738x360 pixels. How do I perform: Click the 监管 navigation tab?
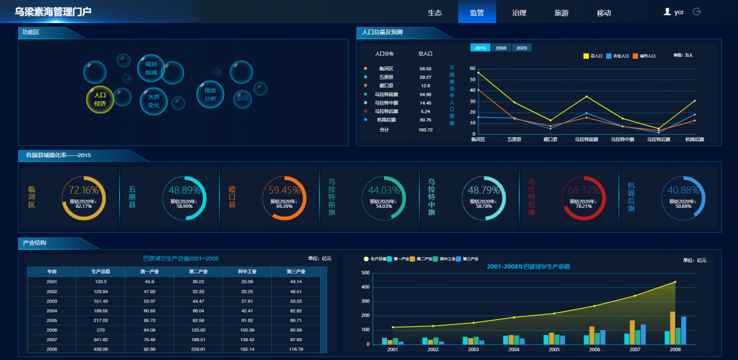pyautogui.click(x=476, y=13)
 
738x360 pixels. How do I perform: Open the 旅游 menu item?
pyautogui.click(x=561, y=13)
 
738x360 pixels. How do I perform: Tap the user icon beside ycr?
pyautogui.click(x=667, y=11)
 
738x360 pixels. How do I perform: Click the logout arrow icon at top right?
pyautogui.click(x=697, y=11)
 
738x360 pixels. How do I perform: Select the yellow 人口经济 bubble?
pyautogui.click(x=100, y=100)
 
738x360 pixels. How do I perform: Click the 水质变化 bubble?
pyautogui.click(x=153, y=101)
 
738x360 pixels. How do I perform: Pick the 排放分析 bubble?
pyautogui.click(x=210, y=95)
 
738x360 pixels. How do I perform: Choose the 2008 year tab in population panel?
pyautogui.click(x=501, y=48)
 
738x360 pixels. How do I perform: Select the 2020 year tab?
pyautogui.click(x=521, y=48)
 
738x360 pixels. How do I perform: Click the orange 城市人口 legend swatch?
pyautogui.click(x=635, y=56)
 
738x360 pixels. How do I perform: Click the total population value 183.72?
pyautogui.click(x=425, y=130)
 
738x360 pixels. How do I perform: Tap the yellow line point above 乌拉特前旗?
pyautogui.click(x=586, y=96)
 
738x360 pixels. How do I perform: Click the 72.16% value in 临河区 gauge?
pyautogui.click(x=84, y=190)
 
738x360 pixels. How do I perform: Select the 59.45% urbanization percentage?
pyautogui.click(x=284, y=190)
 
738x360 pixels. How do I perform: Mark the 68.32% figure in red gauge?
pyautogui.click(x=584, y=190)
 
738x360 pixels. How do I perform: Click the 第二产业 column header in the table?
pyautogui.click(x=198, y=272)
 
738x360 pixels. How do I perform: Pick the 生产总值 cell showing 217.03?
pyautogui.click(x=100, y=320)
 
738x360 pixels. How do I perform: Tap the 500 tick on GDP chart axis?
pyautogui.click(x=366, y=273)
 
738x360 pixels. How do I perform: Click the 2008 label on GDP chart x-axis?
pyautogui.click(x=675, y=349)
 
